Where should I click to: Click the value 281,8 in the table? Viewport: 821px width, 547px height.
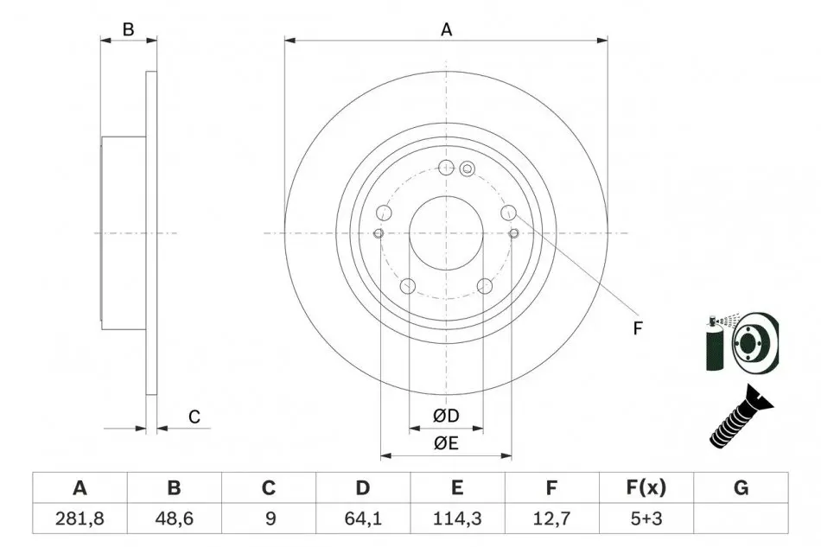tap(80, 518)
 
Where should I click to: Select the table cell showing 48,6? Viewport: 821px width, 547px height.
tap(174, 518)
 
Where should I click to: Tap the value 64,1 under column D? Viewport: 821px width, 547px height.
tap(363, 518)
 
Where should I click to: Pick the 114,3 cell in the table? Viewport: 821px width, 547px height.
tap(457, 518)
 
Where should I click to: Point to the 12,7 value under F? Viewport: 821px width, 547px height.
tap(552, 518)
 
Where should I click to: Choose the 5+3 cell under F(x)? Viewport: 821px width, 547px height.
tap(646, 518)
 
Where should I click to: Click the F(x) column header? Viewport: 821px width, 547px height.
tap(646, 488)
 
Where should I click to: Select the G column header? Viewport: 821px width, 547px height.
tap(741, 488)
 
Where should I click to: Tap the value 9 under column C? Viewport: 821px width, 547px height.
tap(270, 518)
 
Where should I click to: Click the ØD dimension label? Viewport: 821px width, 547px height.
tap(446, 417)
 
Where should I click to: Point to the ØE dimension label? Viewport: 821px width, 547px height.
tap(446, 443)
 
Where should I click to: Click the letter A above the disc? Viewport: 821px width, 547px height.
tap(446, 30)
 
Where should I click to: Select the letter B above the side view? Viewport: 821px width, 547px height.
tap(128, 30)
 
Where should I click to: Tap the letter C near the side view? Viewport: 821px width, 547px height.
tap(194, 417)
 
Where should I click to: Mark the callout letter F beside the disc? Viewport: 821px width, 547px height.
tap(637, 328)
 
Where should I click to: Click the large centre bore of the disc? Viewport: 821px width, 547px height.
tap(446, 233)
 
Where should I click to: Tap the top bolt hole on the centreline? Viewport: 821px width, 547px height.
tap(446, 168)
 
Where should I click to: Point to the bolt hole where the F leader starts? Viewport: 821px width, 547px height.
tap(508, 213)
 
